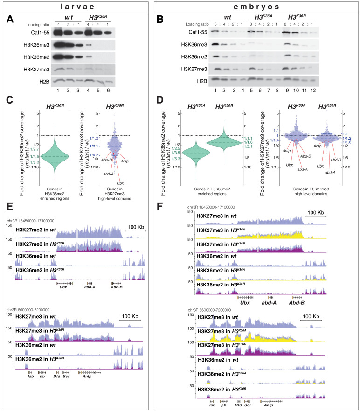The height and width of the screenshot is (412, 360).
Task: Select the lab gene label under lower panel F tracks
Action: tap(212, 405)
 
